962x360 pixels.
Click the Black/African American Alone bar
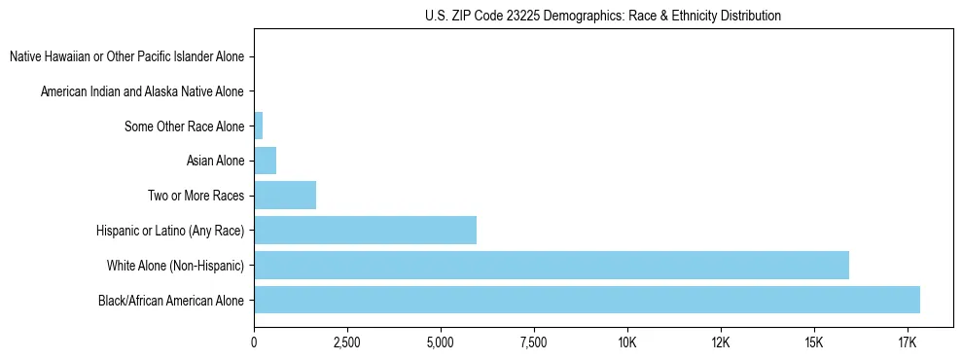click(x=587, y=300)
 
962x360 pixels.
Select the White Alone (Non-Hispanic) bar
click(x=552, y=265)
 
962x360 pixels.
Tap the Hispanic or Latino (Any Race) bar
click(x=365, y=230)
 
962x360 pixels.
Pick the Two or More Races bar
click(x=285, y=196)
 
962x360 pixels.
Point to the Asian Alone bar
click(x=265, y=161)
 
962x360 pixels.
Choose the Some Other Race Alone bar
click(x=258, y=126)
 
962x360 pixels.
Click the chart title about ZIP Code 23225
click(x=603, y=16)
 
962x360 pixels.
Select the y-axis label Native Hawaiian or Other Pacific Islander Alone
click(x=126, y=57)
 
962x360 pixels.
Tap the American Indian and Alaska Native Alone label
click(x=142, y=91)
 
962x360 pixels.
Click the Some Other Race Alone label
click(x=185, y=126)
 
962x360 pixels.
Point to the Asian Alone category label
click(x=215, y=161)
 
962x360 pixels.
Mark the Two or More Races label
click(x=196, y=196)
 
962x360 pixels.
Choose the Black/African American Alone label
click(x=171, y=300)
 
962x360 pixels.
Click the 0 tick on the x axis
click(x=254, y=343)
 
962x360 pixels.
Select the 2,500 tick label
click(x=347, y=343)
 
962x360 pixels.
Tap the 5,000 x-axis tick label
click(x=441, y=343)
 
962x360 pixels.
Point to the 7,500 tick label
click(x=534, y=343)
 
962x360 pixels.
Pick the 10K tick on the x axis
click(x=627, y=343)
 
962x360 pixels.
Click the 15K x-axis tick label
click(x=814, y=343)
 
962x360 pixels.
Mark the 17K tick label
click(x=907, y=343)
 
